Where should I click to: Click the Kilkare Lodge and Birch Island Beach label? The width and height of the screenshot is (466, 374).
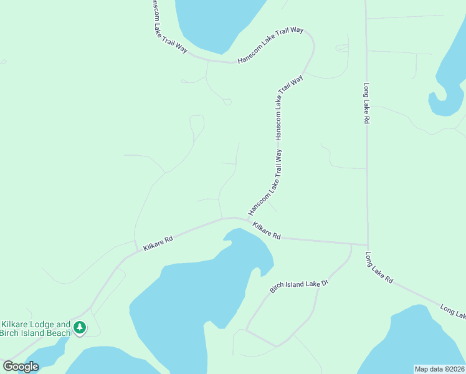36,328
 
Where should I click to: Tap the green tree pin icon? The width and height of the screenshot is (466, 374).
80,327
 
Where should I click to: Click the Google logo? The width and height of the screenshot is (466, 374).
21,366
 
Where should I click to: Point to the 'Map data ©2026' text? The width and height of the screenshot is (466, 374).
440,369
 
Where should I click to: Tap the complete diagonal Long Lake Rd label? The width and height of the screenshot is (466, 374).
379,268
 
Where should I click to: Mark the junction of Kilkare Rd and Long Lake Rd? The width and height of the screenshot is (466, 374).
367,245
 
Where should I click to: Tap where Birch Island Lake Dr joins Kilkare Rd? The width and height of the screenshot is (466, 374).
351,244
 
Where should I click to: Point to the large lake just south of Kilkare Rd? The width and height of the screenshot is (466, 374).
193,293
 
